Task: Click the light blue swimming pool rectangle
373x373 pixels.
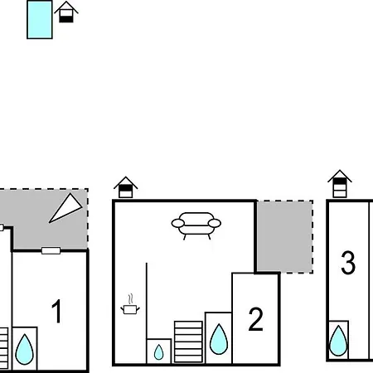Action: tap(40, 20)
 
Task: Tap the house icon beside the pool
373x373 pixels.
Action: tap(66, 12)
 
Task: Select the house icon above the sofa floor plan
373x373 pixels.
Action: tap(126, 187)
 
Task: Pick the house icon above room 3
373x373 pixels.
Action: tap(340, 183)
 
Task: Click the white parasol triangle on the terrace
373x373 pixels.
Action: tap(65, 208)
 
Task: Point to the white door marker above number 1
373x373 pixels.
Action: tap(51, 250)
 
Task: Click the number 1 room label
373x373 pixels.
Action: tap(56, 312)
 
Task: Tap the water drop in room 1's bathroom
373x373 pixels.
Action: tap(24, 349)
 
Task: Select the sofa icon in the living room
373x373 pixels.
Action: tap(196, 225)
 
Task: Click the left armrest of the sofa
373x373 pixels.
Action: tap(178, 223)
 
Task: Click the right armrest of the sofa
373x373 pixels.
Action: tap(215, 223)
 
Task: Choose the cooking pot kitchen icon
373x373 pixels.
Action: tap(130, 309)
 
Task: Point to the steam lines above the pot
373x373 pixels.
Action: tap(131, 298)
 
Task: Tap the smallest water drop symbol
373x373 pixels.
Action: tap(158, 352)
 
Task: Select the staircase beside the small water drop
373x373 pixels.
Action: tap(188, 342)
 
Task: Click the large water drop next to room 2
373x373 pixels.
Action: tap(219, 339)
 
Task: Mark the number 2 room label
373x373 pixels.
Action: tap(255, 319)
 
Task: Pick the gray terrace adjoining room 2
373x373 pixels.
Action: tap(284, 236)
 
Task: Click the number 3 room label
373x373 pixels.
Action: tap(348, 263)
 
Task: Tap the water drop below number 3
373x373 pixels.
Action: tap(338, 341)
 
